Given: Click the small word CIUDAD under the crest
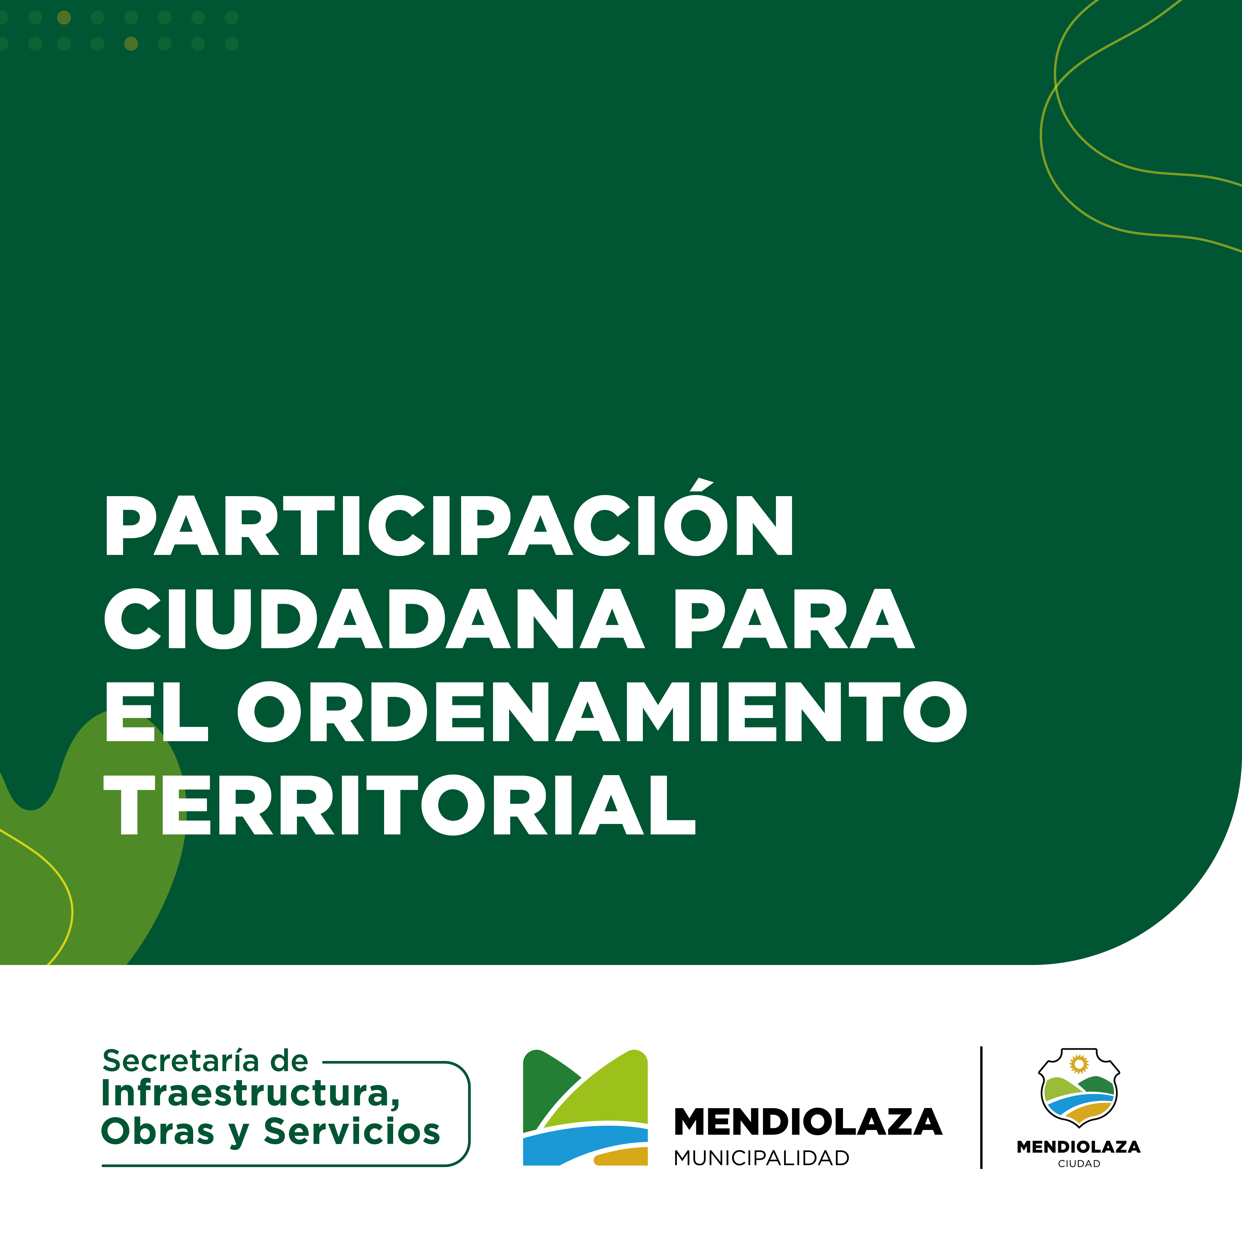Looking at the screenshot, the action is point(1079,1164).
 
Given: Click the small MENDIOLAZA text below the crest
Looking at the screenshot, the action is point(1079,1147).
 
